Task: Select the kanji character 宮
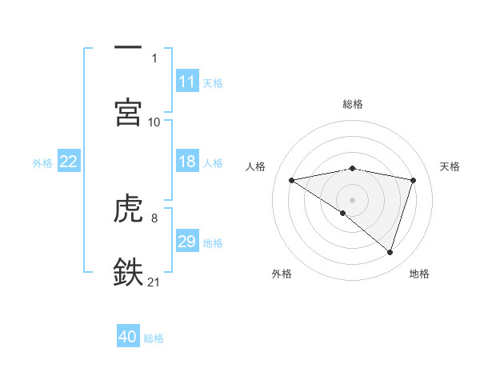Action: [129, 111]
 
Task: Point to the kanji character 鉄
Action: [129, 272]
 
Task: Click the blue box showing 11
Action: [186, 82]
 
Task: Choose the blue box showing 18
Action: [186, 162]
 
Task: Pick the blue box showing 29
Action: [186, 242]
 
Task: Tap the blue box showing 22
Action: [68, 162]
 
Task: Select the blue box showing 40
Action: [128, 337]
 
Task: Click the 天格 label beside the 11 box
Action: [213, 82]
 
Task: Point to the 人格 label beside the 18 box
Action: [213, 162]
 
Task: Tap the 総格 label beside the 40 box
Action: [154, 338]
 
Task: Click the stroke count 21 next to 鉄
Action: [154, 281]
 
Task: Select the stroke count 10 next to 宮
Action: [154, 122]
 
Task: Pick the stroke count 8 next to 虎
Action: [154, 217]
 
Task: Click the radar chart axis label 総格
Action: [352, 104]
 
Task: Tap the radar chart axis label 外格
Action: [282, 274]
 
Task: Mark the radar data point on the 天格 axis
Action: [414, 180]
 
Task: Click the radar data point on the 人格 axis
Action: [291, 180]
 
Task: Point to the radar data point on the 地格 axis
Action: [390, 252]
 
